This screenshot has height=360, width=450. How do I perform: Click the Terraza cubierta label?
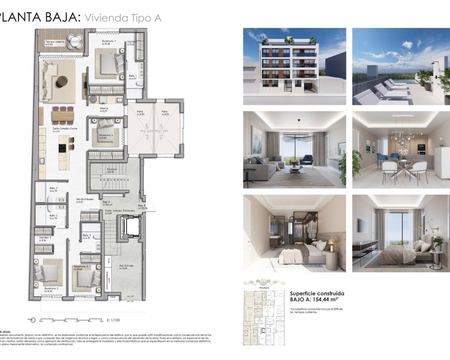pyautogui.click(x=54, y=41)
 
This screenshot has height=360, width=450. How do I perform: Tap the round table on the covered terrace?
pyautogui.click(x=75, y=41)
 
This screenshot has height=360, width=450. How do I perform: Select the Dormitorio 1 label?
pyautogui.click(x=109, y=41)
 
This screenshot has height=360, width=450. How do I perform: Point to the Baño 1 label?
pyautogui.click(x=133, y=76)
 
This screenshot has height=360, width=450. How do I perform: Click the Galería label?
pyautogui.click(x=104, y=108)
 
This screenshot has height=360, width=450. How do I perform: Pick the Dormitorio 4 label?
pyautogui.click(x=106, y=135)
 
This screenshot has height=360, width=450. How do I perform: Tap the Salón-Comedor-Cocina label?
pyautogui.click(x=65, y=129)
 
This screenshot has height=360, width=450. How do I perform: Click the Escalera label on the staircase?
pyautogui.click(x=112, y=169)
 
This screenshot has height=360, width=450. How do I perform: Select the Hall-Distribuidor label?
pyautogui.click(x=85, y=199)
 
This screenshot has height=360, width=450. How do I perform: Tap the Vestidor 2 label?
pyautogui.click(x=45, y=238)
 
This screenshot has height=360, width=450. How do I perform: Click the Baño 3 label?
pyautogui.click(x=87, y=235)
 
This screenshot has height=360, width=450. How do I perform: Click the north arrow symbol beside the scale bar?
pyautogui.click(x=32, y=320)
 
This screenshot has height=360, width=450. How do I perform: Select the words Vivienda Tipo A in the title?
pyautogui.click(x=123, y=18)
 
